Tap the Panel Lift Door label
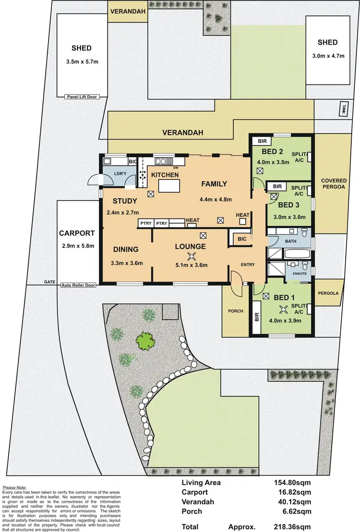(x=80, y=97)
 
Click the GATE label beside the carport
(x=50, y=283)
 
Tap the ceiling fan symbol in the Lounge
(x=192, y=256)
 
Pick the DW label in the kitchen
(x=176, y=167)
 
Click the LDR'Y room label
(x=119, y=174)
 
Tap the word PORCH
(x=236, y=311)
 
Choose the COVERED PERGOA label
(x=334, y=184)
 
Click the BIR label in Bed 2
(x=262, y=141)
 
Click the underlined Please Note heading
(x=14, y=486)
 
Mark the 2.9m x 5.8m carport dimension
(x=78, y=246)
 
